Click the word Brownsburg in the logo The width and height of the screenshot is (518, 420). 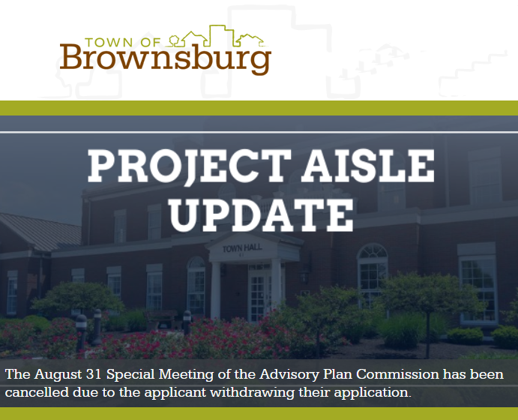[x=165, y=58]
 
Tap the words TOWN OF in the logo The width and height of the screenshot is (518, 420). [x=122, y=42]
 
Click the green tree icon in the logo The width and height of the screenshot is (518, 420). [x=174, y=40]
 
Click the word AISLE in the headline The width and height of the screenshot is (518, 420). [x=369, y=165]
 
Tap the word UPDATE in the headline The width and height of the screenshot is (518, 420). [x=262, y=215]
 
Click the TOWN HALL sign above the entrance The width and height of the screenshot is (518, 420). [x=242, y=247]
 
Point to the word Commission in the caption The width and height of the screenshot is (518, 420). [x=397, y=374]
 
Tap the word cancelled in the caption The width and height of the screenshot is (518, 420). [x=37, y=392]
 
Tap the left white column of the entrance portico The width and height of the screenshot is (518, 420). [x=215, y=290]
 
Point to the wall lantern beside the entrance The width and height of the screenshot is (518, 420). [x=304, y=275]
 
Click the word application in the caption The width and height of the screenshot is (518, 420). [x=373, y=392]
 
